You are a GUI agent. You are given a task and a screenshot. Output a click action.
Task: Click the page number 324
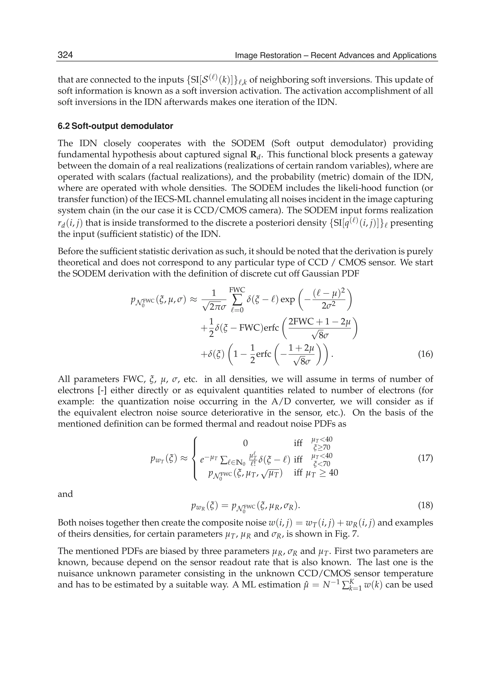(65, 55)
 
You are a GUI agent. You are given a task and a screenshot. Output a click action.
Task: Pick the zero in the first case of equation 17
(245, 443)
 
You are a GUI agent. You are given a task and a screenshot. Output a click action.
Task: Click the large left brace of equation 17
(195, 458)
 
